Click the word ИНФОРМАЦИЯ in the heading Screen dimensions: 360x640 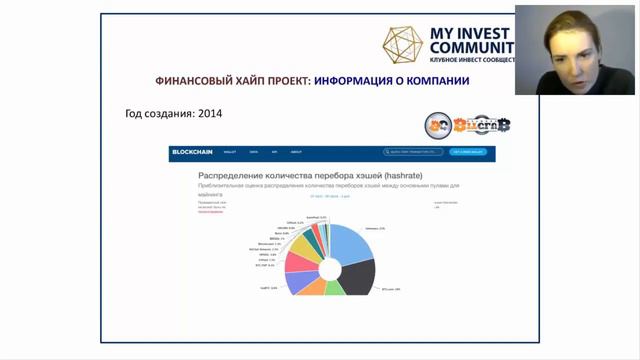[361, 80]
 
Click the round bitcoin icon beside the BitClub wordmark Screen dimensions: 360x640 [436, 126]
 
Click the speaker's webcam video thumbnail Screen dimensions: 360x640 [577, 50]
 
